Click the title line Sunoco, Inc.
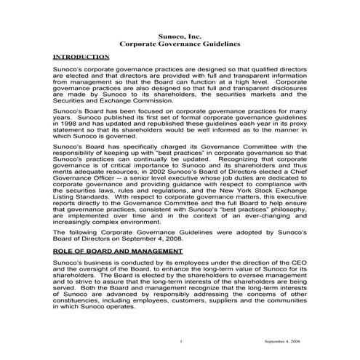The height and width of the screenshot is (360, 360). [180, 35]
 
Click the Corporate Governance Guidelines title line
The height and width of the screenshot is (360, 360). [180, 44]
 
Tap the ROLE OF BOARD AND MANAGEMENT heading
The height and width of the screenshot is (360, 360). [111, 249]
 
